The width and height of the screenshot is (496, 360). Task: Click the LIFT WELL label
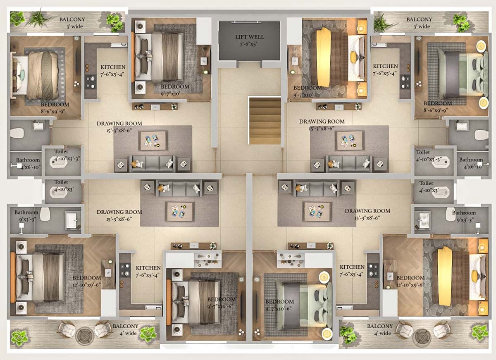coord(249,37)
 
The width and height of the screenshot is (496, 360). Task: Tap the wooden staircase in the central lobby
coord(265,120)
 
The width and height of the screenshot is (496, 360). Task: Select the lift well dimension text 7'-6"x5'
coord(249,44)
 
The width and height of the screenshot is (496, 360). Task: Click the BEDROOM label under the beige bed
coord(55,105)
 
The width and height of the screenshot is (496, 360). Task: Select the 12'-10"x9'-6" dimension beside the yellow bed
coord(410,285)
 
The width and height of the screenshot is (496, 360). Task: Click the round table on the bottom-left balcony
coord(85,335)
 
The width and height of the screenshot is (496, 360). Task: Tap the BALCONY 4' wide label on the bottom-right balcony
coord(379,329)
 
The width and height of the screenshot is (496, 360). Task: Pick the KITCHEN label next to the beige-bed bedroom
coord(113,67)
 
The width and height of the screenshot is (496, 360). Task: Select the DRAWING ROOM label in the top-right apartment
coord(322,122)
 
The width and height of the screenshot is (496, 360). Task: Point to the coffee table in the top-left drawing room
coord(153,141)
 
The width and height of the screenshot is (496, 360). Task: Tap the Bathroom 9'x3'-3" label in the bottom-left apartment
coord(26,215)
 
